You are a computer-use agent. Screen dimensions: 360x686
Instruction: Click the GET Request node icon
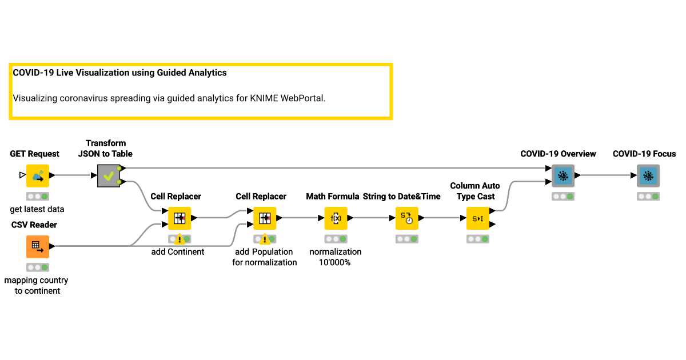point(38,175)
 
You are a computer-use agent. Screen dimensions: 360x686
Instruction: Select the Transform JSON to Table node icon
point(109,175)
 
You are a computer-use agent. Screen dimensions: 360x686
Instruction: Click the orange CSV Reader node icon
point(38,247)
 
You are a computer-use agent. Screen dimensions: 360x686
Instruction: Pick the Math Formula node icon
point(336,218)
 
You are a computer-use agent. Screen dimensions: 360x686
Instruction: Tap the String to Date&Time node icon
point(407,218)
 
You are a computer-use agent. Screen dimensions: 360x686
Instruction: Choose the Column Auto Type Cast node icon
point(478,218)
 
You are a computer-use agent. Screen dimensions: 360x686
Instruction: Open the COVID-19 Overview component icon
point(563,175)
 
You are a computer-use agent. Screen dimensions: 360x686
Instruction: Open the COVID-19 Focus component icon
point(648,175)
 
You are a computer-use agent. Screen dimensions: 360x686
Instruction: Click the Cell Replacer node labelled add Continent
point(180,218)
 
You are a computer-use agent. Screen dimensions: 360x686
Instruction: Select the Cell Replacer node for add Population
point(265,218)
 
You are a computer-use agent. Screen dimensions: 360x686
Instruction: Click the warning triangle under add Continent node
point(180,239)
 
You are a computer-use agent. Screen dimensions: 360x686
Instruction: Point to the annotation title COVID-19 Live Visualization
point(119,73)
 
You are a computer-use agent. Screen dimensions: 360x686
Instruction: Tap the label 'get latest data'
point(37,209)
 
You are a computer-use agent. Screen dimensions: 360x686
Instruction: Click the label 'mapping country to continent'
point(36,286)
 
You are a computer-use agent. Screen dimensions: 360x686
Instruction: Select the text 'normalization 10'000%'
point(336,257)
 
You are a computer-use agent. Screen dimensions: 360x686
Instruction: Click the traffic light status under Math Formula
point(336,239)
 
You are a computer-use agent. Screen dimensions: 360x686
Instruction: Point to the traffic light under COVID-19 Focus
point(648,196)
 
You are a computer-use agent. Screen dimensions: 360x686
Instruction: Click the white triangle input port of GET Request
point(22,175)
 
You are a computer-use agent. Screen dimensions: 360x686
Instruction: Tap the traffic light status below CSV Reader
point(38,267)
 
